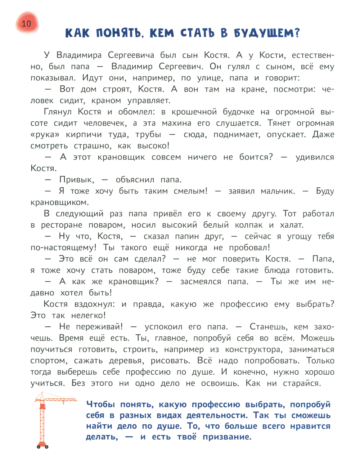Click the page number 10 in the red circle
27,24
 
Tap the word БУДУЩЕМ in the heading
267,33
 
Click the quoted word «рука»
45,135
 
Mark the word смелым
190,191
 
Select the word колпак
249,225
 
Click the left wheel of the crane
38,447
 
